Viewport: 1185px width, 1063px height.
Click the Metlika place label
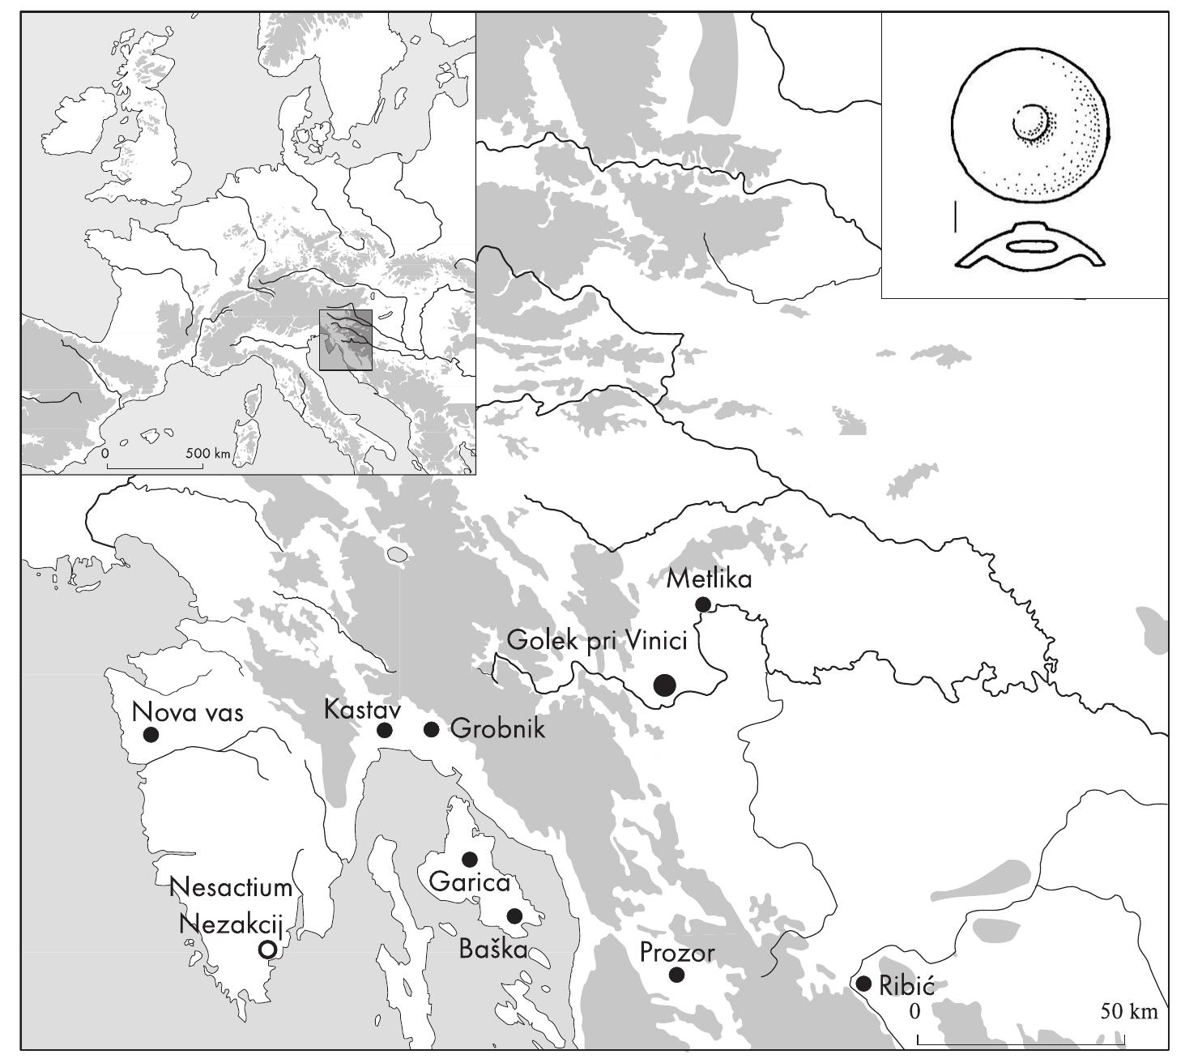tap(709, 580)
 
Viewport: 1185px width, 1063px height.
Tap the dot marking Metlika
tap(703, 604)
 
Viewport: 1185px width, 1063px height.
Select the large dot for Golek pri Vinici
tap(664, 685)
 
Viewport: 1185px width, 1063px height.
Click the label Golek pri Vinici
tap(597, 641)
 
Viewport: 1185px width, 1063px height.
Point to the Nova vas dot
tap(150, 735)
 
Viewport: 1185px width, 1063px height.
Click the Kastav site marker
tap(385, 731)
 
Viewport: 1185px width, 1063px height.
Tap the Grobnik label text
tap(497, 728)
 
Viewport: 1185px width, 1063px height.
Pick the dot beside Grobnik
tap(431, 730)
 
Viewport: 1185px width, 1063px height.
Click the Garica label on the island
tap(470, 882)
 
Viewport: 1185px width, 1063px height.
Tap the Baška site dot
tap(514, 916)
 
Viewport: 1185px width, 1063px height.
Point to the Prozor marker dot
tap(677, 975)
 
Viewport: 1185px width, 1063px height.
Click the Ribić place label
tap(906, 986)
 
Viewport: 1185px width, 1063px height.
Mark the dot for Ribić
tap(863, 984)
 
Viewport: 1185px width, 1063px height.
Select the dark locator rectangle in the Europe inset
tap(345, 339)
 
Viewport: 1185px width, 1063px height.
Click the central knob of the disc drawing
tap(1030, 122)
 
